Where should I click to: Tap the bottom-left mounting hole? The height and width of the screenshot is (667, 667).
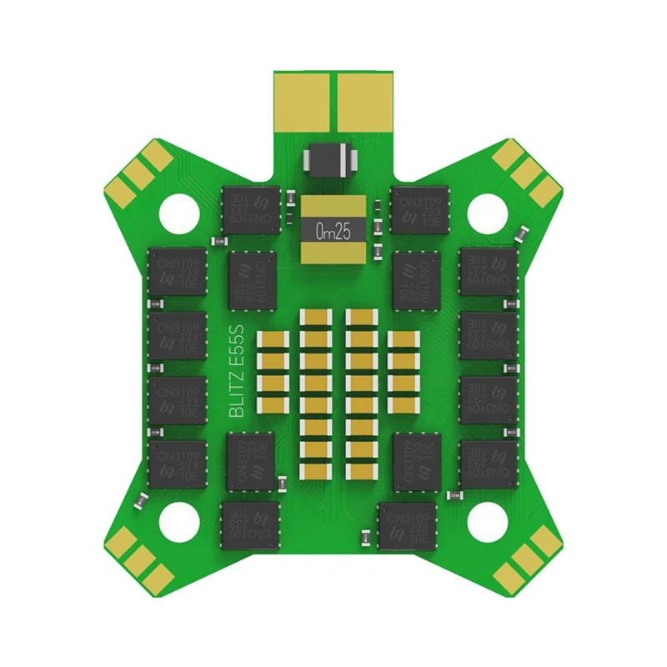point(181,520)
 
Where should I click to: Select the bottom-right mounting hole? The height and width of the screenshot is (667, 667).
point(485,520)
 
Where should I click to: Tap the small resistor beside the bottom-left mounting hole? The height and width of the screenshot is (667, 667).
point(143,501)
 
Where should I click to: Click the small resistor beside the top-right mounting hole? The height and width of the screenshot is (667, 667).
point(522,233)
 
